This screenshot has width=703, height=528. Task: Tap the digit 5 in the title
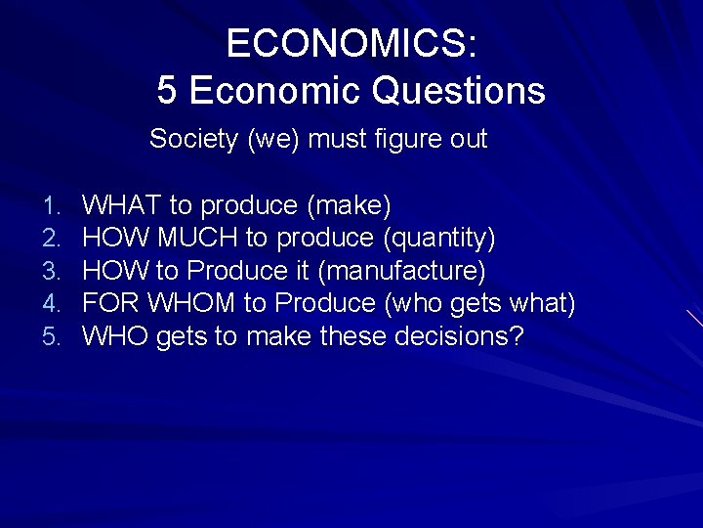[x=167, y=91]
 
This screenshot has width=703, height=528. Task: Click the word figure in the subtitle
[x=407, y=140]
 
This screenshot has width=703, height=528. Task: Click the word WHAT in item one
[x=122, y=205]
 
